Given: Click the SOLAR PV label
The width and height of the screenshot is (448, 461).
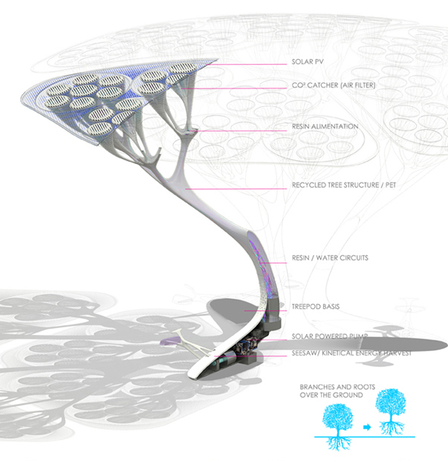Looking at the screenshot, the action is tap(308, 62).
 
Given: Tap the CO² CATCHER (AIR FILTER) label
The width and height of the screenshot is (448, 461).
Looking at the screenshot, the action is tap(334, 85).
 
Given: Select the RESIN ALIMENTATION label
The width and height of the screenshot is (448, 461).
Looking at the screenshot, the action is tap(325, 126).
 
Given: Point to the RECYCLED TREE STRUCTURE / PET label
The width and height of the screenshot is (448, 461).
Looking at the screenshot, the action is tap(344, 185).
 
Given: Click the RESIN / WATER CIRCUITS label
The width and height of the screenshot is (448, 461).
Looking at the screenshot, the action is tap(330, 258).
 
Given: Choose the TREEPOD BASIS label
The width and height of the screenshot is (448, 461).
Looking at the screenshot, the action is tap(316, 307).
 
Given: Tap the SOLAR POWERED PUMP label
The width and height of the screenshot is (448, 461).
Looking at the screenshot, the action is tap(330, 336).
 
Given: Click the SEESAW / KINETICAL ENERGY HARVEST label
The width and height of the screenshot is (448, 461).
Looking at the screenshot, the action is tap(351, 353).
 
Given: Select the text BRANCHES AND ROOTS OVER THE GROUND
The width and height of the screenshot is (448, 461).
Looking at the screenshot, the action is tap(337, 391).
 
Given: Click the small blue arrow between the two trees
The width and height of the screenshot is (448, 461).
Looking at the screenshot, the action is tap(367, 427).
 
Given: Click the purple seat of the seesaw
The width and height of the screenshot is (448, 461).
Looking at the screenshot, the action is tap(168, 341).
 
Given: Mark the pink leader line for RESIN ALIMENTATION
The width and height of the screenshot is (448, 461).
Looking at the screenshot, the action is tap(238, 131).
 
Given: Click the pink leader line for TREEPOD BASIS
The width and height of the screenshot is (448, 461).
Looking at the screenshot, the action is tap(265, 311).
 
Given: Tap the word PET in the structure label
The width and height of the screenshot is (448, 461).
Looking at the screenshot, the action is tap(391, 185).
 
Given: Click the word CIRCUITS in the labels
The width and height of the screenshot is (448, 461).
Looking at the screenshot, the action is tap(354, 258).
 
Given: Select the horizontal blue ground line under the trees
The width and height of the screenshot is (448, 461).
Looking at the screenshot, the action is tap(365, 437).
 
